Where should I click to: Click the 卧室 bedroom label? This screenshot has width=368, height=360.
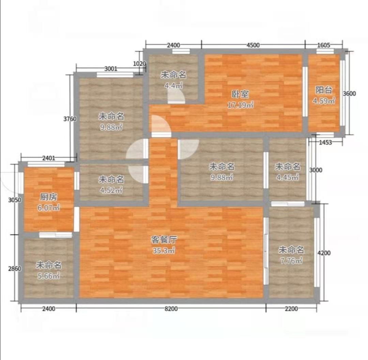point(240,94)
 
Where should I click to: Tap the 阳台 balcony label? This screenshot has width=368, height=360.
point(324,90)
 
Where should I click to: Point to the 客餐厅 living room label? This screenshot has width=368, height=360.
point(164,240)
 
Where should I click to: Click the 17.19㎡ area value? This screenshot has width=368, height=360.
point(240,105)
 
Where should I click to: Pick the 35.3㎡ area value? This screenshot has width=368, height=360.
point(164,251)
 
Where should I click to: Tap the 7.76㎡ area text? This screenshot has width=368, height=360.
point(291,260)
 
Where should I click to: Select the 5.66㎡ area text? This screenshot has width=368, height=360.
point(49,276)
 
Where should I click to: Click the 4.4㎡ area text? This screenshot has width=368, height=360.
point(173,86)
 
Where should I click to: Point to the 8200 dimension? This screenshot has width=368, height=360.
point(171,309)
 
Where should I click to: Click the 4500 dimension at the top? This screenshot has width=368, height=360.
point(253,45)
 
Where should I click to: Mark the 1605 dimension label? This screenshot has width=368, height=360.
point(324,45)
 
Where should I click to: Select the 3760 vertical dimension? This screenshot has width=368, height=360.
point(70,119)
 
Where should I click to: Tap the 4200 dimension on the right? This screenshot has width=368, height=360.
point(324,253)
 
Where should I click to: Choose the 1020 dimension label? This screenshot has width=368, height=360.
point(139,64)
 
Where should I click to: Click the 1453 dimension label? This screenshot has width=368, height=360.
point(325,142)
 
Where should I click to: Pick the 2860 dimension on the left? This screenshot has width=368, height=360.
point(15,268)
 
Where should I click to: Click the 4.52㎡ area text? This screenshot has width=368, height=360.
point(111,190)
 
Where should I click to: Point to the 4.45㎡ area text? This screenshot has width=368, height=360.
point(288,177)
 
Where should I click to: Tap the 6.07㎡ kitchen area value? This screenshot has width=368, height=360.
point(49,208)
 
